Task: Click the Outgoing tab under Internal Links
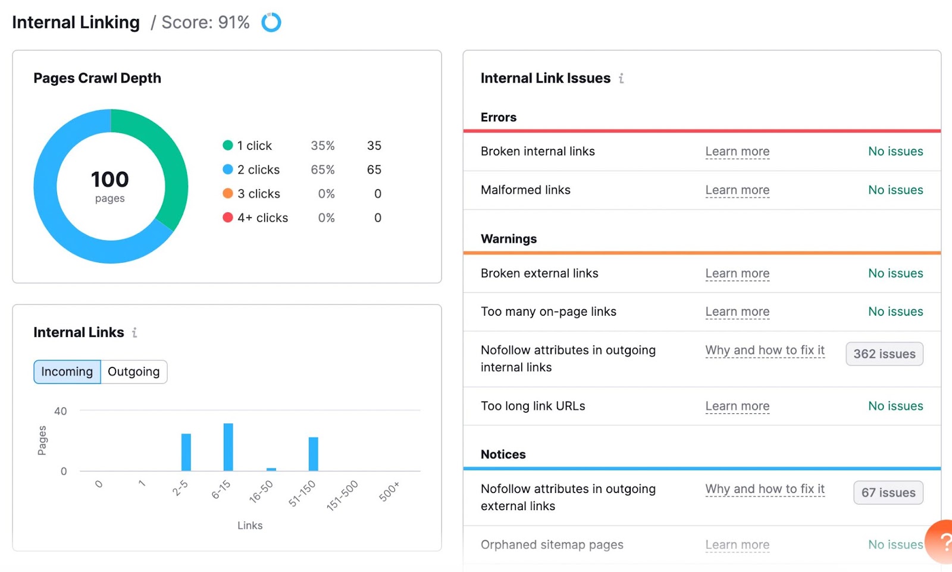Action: tap(134, 372)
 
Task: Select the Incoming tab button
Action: tap(67, 372)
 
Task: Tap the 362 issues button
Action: tap(884, 354)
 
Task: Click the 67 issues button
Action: tap(888, 492)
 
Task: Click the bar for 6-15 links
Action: tap(228, 447)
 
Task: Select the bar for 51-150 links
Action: tap(313, 454)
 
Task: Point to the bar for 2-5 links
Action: tap(186, 452)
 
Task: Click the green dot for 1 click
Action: tap(227, 145)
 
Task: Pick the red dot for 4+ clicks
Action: tap(227, 218)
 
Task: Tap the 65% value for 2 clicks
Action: tap(322, 169)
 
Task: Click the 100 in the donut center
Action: tap(110, 180)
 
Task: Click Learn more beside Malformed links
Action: tap(737, 190)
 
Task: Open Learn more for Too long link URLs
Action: tap(737, 406)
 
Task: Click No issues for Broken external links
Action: tap(895, 273)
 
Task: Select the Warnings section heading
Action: tap(509, 238)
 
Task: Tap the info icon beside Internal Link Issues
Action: tap(621, 78)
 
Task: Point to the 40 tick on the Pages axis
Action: tap(61, 411)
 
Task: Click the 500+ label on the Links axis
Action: tap(389, 492)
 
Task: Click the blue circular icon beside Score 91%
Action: tap(271, 22)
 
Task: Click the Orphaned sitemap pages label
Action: tap(552, 545)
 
